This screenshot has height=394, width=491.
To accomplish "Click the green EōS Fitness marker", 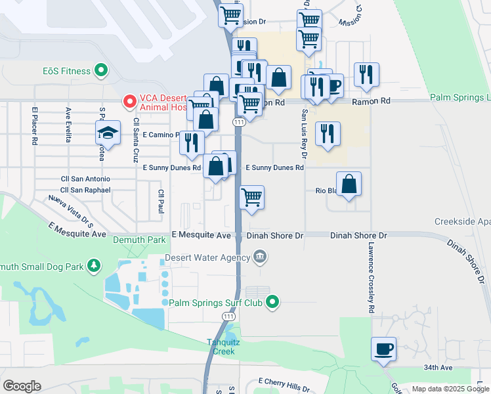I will click(101, 69).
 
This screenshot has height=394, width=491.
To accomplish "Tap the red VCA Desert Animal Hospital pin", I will click(129, 102).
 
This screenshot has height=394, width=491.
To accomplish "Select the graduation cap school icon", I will click(108, 133).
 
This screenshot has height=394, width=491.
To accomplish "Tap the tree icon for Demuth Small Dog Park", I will click(95, 265).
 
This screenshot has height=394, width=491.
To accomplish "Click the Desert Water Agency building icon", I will click(260, 256).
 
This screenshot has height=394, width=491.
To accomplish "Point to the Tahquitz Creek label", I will click(221, 347).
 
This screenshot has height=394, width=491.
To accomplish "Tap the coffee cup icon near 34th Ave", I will click(383, 350).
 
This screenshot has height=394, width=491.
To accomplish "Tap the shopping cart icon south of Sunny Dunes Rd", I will click(251, 198).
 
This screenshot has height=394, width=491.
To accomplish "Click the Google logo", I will click(22, 386).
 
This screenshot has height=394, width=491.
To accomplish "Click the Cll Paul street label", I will click(161, 202).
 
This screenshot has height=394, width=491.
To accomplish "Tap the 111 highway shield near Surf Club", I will click(228, 317).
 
